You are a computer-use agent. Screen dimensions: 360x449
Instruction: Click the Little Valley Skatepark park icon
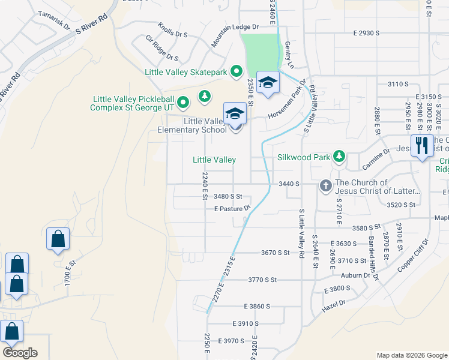237,72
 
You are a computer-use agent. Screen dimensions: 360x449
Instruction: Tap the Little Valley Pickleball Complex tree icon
205,95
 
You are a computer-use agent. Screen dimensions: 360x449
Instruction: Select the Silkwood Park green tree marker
339,157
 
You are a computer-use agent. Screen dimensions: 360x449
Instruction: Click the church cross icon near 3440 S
325,185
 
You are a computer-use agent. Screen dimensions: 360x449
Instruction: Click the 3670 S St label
276,253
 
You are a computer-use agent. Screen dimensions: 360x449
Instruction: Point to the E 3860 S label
258,306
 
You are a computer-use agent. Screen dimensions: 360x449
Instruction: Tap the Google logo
20,353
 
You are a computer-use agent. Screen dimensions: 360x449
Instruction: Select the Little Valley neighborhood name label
214,160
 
